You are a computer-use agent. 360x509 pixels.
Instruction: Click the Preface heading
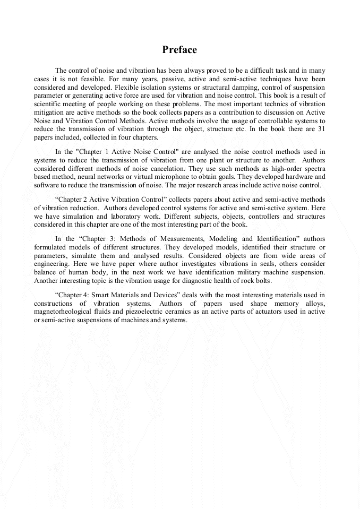tap(179, 50)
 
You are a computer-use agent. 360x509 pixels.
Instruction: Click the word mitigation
tap(51, 113)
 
